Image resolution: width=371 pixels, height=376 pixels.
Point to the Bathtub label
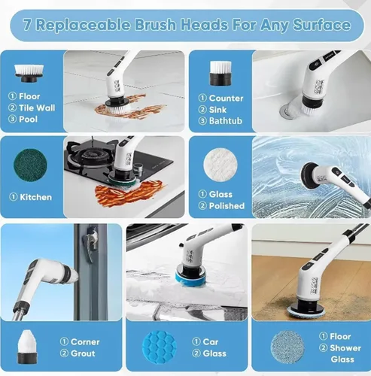(x=226, y=120)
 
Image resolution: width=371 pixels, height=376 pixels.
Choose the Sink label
(x=219, y=109)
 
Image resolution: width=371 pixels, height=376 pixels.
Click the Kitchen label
(x=35, y=197)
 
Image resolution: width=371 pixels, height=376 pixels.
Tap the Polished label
(x=226, y=205)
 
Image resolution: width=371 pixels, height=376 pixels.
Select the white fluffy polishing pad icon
(x=219, y=162)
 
